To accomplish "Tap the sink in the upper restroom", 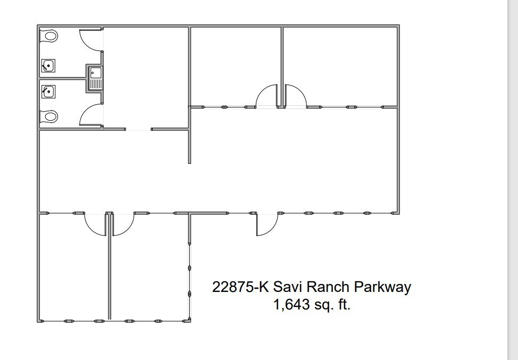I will click(48, 66).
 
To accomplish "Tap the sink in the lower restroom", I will click(48, 91).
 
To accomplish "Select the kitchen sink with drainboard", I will click(96, 78).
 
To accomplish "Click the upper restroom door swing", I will click(90, 40).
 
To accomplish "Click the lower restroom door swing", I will click(90, 114).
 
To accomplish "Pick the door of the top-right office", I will click(296, 97).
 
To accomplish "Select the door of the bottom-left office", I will click(96, 223).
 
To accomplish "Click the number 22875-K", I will click(240, 287).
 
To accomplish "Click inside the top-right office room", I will click(340, 64).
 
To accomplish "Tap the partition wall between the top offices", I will click(282, 58).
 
